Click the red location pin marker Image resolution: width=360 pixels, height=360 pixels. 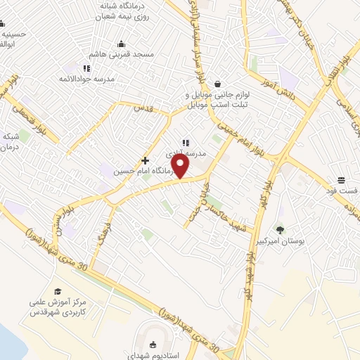[x=181, y=166]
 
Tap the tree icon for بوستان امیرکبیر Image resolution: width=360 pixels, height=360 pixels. [x=281, y=229]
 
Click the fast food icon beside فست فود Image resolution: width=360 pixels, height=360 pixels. [x=340, y=179]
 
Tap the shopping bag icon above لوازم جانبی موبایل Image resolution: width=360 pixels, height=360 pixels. [x=218, y=84]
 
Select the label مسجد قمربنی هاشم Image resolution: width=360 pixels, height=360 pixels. [x=112, y=54]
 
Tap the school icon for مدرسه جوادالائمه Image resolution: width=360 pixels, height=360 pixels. [x=86, y=68]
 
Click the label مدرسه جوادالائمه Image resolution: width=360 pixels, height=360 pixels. [x=110, y=79]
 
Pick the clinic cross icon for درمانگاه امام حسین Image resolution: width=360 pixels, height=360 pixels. [x=146, y=160]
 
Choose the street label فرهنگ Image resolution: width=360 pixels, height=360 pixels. [x=110, y=233]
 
